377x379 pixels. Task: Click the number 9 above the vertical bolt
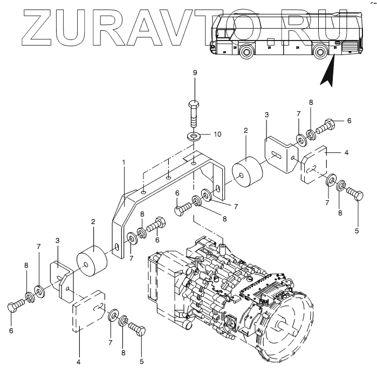click(195, 73)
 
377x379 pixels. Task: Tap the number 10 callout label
click(217, 134)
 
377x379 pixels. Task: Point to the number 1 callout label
click(124, 162)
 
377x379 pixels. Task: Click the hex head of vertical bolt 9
click(194, 105)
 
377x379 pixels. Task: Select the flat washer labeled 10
click(194, 137)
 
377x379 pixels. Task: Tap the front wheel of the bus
click(246, 52)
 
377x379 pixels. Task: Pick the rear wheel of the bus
click(320, 52)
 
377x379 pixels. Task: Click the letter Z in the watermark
click(37, 28)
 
